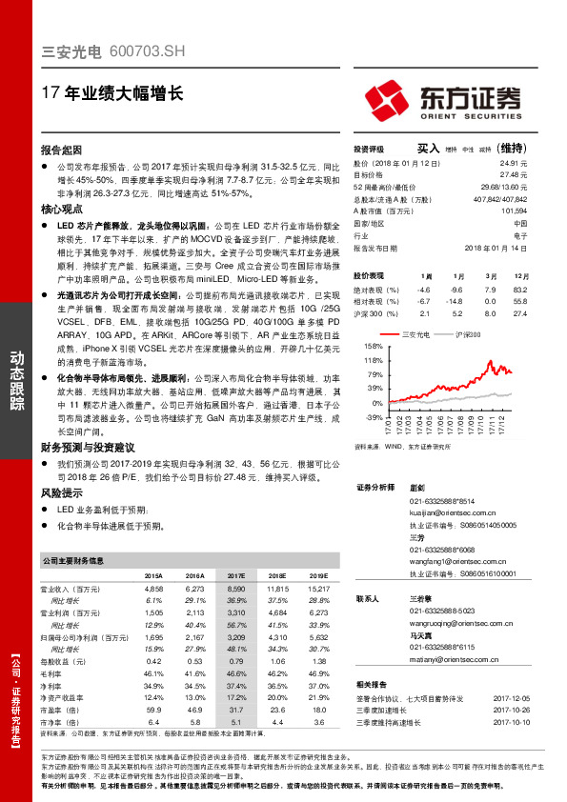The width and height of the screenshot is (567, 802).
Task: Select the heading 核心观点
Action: click(x=61, y=209)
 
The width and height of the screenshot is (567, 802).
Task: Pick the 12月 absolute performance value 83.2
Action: click(x=519, y=289)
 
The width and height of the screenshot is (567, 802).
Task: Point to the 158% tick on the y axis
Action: click(x=374, y=346)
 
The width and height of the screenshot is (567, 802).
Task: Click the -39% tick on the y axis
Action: click(x=375, y=417)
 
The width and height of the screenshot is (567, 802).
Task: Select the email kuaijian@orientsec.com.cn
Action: click(x=456, y=511)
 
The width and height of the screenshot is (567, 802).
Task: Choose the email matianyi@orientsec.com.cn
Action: click(x=453, y=659)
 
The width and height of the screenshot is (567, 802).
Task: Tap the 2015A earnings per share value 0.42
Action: click(x=153, y=660)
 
